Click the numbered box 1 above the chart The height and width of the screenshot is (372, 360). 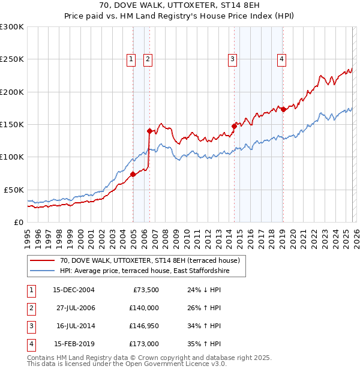tap(131, 59)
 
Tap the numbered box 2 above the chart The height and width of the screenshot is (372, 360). tap(148, 59)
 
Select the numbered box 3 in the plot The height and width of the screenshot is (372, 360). tap(232, 59)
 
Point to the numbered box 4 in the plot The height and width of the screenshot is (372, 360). tap(281, 59)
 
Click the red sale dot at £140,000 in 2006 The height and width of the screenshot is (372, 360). tap(149, 130)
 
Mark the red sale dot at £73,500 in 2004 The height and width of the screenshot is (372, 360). tap(133, 174)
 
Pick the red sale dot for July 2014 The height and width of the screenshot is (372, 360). tap(234, 126)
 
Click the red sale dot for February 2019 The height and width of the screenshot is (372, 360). tap(283, 110)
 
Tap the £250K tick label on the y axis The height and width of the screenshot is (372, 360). tap(12, 59)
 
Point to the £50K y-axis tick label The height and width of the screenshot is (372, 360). tap(14, 190)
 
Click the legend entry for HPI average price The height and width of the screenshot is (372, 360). tap(144, 271)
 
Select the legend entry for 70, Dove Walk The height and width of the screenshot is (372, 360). tap(149, 260)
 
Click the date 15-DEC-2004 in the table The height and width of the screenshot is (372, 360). tap(74, 290)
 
